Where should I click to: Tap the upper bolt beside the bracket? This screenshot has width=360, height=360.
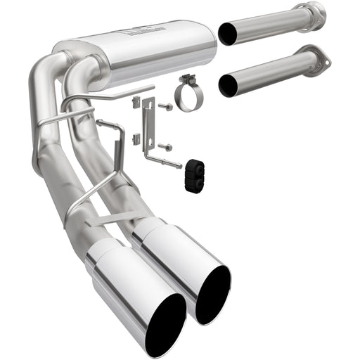tap(167, 108)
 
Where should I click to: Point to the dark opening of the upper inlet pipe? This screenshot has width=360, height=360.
tap(229, 32)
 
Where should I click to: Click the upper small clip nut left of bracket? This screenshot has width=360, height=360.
tap(136, 103)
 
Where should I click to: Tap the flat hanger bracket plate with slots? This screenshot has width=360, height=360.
tap(148, 124)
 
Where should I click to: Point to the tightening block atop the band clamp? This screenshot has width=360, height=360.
tap(187, 79)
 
